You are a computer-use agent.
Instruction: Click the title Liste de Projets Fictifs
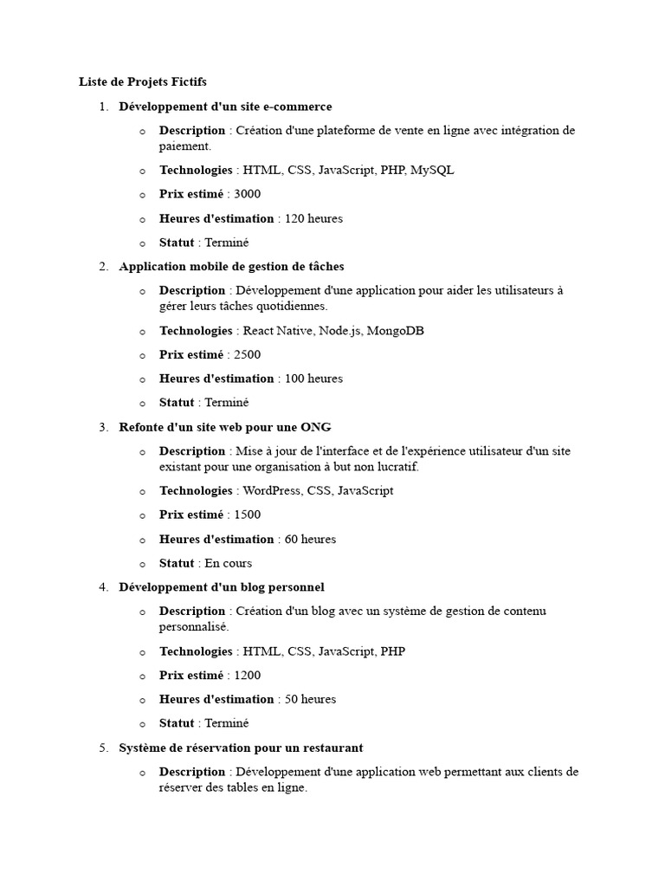pyautogui.click(x=143, y=82)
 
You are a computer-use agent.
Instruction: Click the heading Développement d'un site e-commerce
pyautogui.click(x=225, y=107)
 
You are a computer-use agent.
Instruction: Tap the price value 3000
pyautogui.click(x=247, y=194)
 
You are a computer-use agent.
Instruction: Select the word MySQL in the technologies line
pyautogui.click(x=432, y=170)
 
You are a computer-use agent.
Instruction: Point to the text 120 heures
pyautogui.click(x=313, y=218)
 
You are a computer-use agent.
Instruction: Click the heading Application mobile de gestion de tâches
pyautogui.click(x=231, y=267)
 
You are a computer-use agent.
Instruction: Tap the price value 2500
pyautogui.click(x=247, y=354)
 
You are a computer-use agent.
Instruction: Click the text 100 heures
pyautogui.click(x=313, y=379)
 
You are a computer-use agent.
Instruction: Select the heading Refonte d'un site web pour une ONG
pyautogui.click(x=225, y=427)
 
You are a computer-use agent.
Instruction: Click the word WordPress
pyautogui.click(x=274, y=490)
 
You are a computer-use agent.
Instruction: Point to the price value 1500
pyautogui.click(x=247, y=515)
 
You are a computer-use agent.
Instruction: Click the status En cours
pyautogui.click(x=229, y=563)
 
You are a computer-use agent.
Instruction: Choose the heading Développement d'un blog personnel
pyautogui.click(x=222, y=587)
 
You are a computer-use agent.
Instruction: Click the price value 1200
pyautogui.click(x=247, y=676)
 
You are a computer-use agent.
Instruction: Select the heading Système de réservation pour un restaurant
pyautogui.click(x=241, y=748)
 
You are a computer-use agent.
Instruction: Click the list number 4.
pyautogui.click(x=103, y=587)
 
